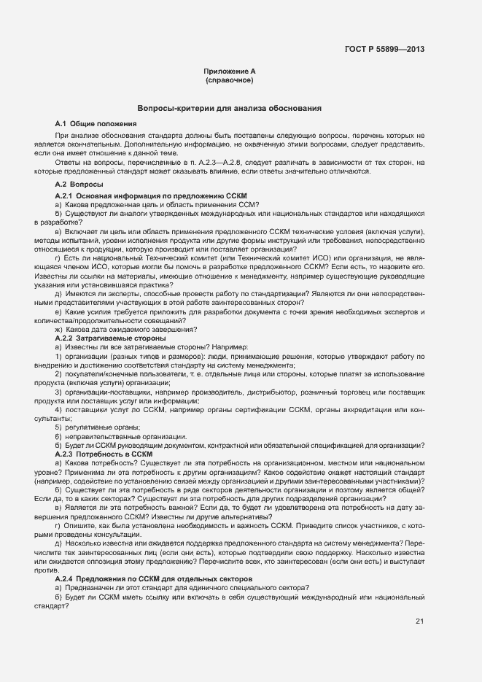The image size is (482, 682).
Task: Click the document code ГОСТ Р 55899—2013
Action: click(384, 50)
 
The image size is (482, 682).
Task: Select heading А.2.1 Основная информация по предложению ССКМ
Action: click(152, 197)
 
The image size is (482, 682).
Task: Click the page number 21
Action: click(419, 621)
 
